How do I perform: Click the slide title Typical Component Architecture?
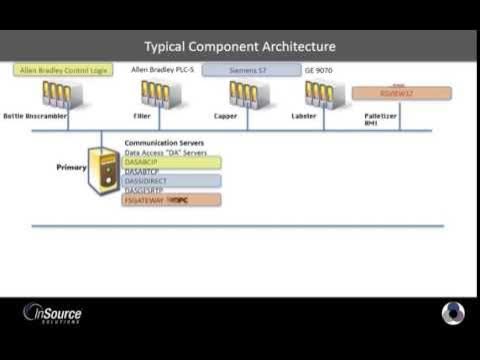pos(240,46)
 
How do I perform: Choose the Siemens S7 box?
pos(251,71)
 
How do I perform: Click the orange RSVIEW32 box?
pos(401,93)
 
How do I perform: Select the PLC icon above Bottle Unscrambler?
pos(56,94)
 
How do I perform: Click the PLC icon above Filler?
pos(155,94)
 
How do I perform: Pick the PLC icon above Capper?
pos(248,94)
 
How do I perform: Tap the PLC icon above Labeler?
pos(319,94)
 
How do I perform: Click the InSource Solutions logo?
pos(52,313)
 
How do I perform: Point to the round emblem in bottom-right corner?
pos(453,313)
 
